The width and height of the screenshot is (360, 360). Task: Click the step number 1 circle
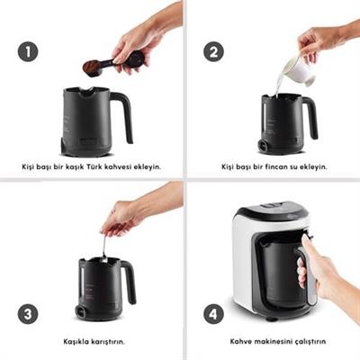(28, 51)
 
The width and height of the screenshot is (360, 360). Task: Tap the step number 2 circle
(213, 51)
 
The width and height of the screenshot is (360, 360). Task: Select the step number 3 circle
(28, 314)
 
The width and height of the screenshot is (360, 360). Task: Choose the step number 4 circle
(213, 314)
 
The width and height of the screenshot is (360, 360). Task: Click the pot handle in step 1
(123, 115)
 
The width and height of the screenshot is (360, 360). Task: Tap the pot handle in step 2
(310, 117)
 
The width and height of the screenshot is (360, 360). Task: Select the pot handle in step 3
(129, 281)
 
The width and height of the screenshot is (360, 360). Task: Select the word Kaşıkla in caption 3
(76, 341)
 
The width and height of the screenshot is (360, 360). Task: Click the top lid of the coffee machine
(272, 210)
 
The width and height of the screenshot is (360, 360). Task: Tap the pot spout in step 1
(87, 90)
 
